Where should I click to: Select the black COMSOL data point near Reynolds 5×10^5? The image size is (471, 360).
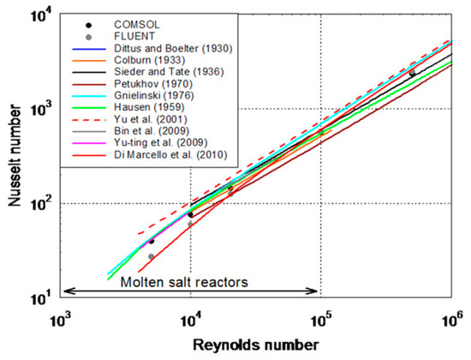[x=412, y=74]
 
